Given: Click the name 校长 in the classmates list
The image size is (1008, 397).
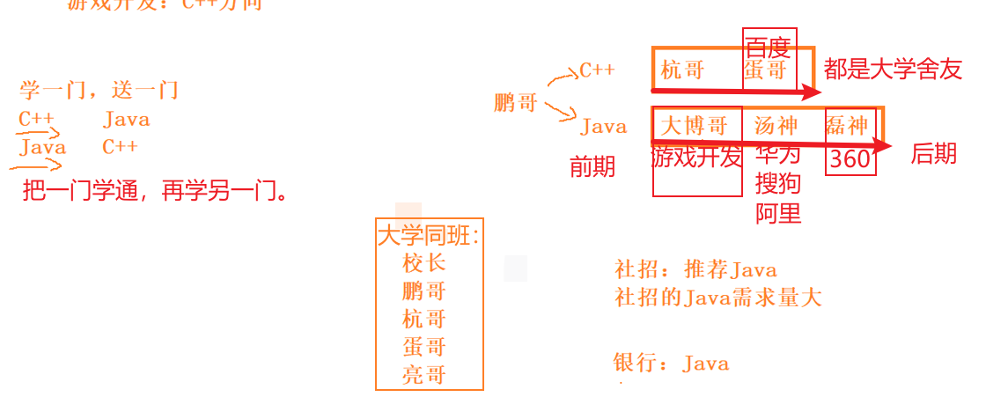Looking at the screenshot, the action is pos(424,263).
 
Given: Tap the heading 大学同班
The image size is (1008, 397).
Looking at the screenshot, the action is pos(429,236).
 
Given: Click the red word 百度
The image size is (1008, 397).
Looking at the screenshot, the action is pos(768,47).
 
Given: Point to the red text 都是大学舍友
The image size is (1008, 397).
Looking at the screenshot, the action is pos(893,70).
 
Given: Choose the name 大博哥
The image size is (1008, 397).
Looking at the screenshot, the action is pos(695,126).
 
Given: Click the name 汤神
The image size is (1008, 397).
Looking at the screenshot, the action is pos(776,126).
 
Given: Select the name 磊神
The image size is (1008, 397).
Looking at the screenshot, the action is pos(847,126).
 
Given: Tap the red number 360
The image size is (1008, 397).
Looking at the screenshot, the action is pos(850,159).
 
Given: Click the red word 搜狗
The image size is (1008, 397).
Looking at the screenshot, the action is pos(778,184).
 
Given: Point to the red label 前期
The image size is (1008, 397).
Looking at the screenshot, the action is pos(592,167).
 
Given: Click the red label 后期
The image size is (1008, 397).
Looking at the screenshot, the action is pos(933,154).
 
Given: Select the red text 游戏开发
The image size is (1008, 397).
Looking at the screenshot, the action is pos(696,158).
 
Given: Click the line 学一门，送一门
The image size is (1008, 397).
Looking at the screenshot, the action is pos(99,90).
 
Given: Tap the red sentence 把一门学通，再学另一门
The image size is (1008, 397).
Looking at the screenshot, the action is pos(155,190).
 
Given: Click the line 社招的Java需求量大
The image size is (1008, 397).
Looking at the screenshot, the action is pos(717,298).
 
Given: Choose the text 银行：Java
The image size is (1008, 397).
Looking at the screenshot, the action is pos(671,363).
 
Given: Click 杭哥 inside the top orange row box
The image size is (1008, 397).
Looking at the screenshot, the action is pos(682,71).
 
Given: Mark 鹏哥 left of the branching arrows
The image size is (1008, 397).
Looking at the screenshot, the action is pos(515,103).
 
